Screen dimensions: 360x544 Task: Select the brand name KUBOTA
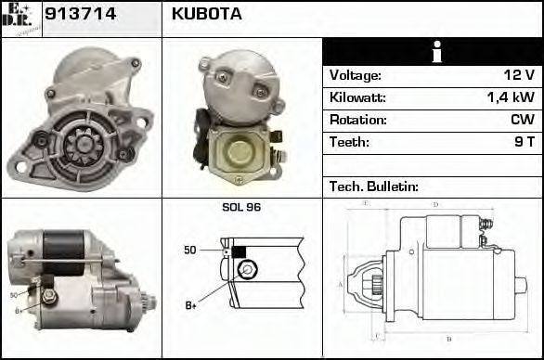[206, 14]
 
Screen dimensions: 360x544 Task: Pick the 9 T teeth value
[524, 142]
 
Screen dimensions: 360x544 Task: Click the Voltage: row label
[355, 75]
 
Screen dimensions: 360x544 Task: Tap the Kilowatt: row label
[357, 97]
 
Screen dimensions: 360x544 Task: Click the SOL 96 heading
[241, 207]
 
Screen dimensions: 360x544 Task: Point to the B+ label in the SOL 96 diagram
[190, 305]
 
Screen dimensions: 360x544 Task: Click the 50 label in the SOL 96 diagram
[189, 251]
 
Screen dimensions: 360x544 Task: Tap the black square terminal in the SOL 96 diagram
[239, 251]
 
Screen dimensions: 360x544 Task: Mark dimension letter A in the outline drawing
[340, 284]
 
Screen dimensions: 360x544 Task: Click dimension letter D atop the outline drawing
[435, 204]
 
